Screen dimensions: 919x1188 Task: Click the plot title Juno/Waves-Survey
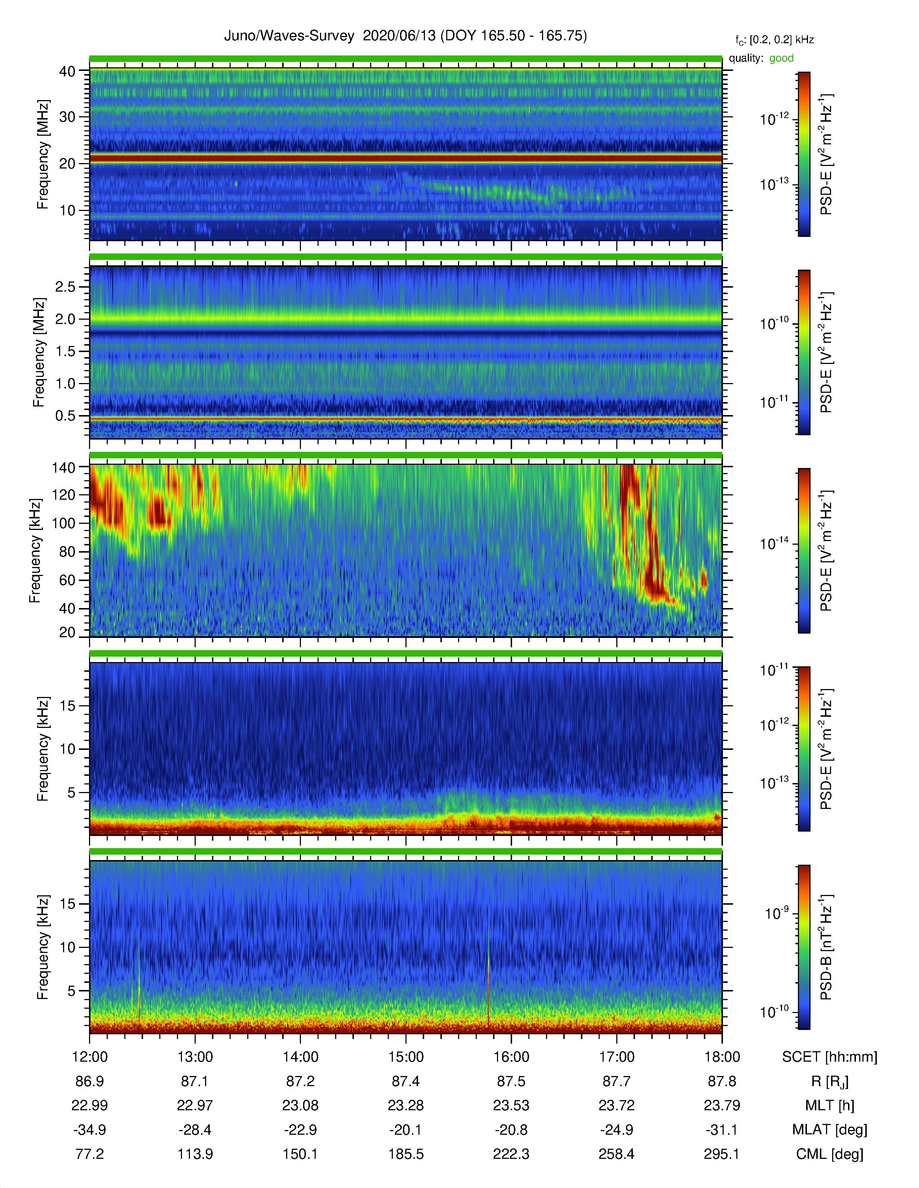pos(289,36)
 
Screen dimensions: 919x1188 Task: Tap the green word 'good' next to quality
pos(781,58)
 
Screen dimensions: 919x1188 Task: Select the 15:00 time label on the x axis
pos(405,1057)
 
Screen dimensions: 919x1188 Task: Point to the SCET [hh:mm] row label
pos(830,1057)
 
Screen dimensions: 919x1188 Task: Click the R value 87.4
pos(405,1081)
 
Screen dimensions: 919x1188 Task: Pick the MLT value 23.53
pos(511,1105)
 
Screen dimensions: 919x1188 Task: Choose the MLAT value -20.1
pos(405,1130)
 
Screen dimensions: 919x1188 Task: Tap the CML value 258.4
pos(616,1154)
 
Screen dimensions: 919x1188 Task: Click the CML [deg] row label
pos(830,1154)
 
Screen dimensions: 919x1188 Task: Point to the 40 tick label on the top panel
pos(67,71)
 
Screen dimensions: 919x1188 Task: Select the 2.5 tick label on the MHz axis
pos(65,287)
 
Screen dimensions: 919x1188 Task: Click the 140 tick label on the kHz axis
pos(63,467)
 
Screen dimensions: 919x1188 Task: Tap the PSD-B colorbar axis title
pos(826,947)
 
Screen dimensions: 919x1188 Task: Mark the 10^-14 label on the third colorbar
pos(774,543)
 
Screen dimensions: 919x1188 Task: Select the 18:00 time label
pos(722,1057)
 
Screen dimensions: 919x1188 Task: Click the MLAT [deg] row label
pos(830,1130)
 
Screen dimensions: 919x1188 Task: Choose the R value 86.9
pos(89,1081)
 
